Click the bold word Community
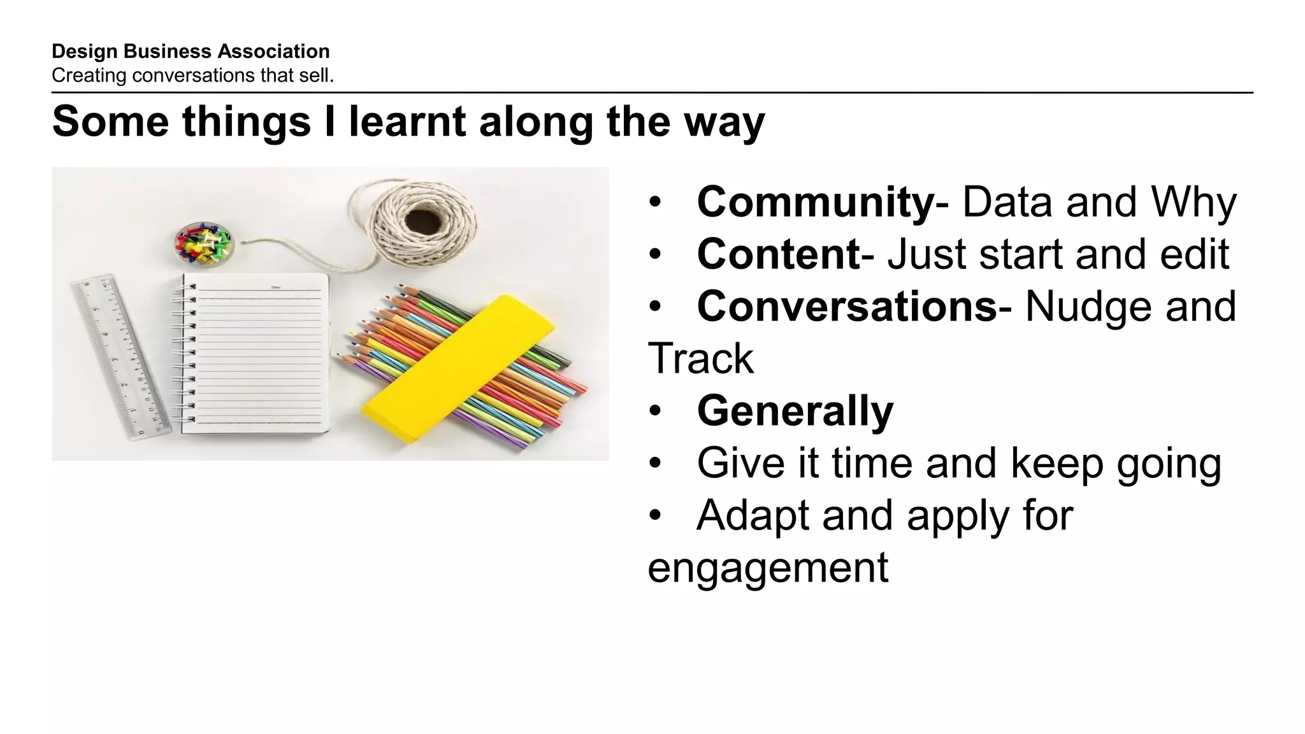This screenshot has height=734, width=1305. [x=815, y=203]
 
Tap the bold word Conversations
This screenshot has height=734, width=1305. [x=847, y=307]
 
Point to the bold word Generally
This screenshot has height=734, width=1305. [x=795, y=412]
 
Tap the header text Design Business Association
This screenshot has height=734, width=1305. [x=191, y=52]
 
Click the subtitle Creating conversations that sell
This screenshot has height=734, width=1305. [x=192, y=76]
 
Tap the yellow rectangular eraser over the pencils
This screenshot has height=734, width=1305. [x=458, y=368]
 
